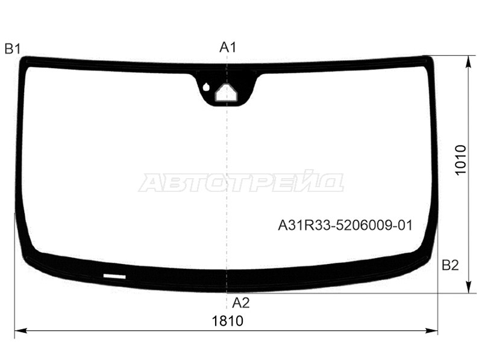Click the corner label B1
13,49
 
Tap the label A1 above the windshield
228,48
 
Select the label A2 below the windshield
240,303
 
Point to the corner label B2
450,265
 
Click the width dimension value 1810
228,321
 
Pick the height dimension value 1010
460,160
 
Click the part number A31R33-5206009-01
345,226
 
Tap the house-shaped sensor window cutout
227,93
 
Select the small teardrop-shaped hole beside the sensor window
206,87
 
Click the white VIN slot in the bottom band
114,276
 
